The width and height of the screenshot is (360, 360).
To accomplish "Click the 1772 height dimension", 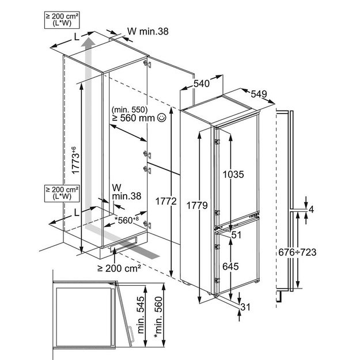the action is pos(166,202).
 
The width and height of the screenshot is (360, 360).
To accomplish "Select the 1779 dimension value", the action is pos(197,205).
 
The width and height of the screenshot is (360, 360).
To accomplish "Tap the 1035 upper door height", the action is pos(233,175).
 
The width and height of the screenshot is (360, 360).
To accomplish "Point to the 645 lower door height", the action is pos(230,266).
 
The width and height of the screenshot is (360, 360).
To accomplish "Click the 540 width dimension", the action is pos(202,84).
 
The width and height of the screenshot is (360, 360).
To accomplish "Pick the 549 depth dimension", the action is pos(259,94).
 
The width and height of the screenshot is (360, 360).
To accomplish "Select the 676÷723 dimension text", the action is pos(297,252).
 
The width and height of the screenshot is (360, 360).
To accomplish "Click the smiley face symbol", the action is pos(162,118).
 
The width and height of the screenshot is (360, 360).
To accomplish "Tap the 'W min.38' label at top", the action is pos(148,32).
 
